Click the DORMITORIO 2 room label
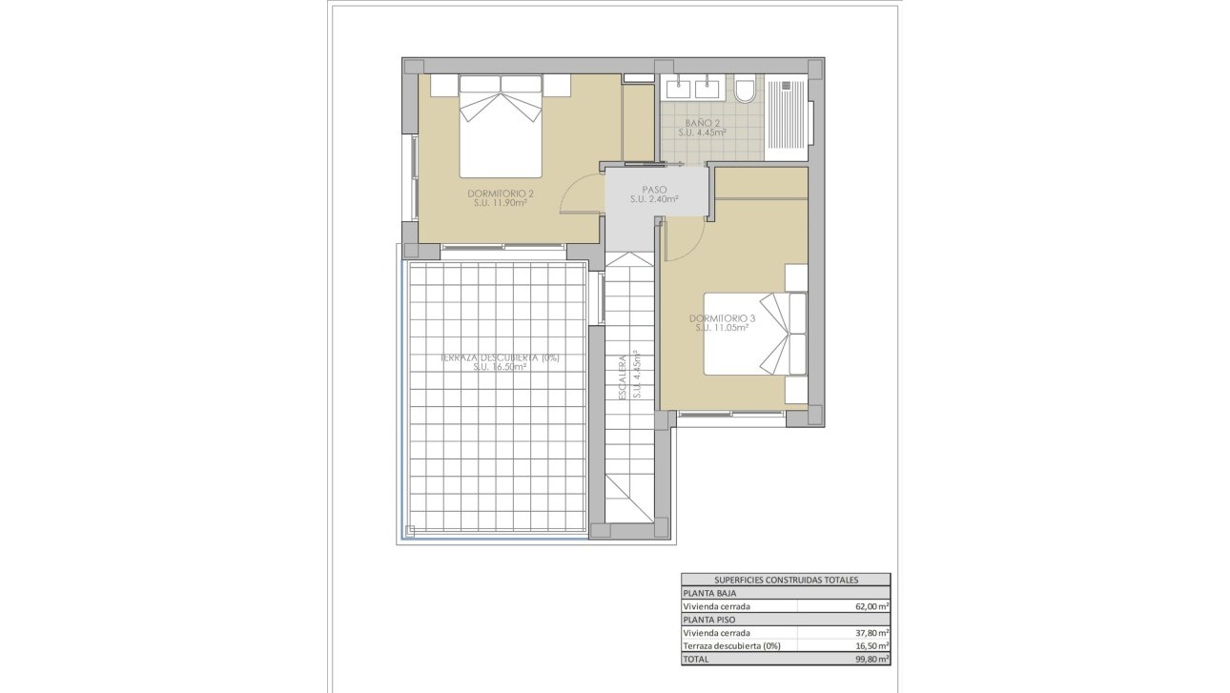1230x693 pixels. pos(501,194)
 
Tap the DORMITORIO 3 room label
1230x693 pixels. pos(722,317)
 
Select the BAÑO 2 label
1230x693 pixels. pos(703,123)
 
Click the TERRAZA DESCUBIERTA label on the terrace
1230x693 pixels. pos(500,357)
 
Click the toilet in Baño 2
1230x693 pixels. pos(746,91)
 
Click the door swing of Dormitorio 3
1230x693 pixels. pos(684,238)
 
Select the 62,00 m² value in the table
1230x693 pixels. pos(871,606)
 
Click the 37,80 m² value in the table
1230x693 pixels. pos(871,633)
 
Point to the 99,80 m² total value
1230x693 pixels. pos(871,659)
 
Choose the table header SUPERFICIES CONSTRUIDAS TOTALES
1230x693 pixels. pos(786,580)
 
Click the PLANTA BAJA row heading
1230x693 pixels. pos(709,593)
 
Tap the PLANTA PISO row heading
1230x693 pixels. pos(708,620)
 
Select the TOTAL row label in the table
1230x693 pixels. pos(697,659)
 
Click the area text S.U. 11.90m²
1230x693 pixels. pos(501,202)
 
